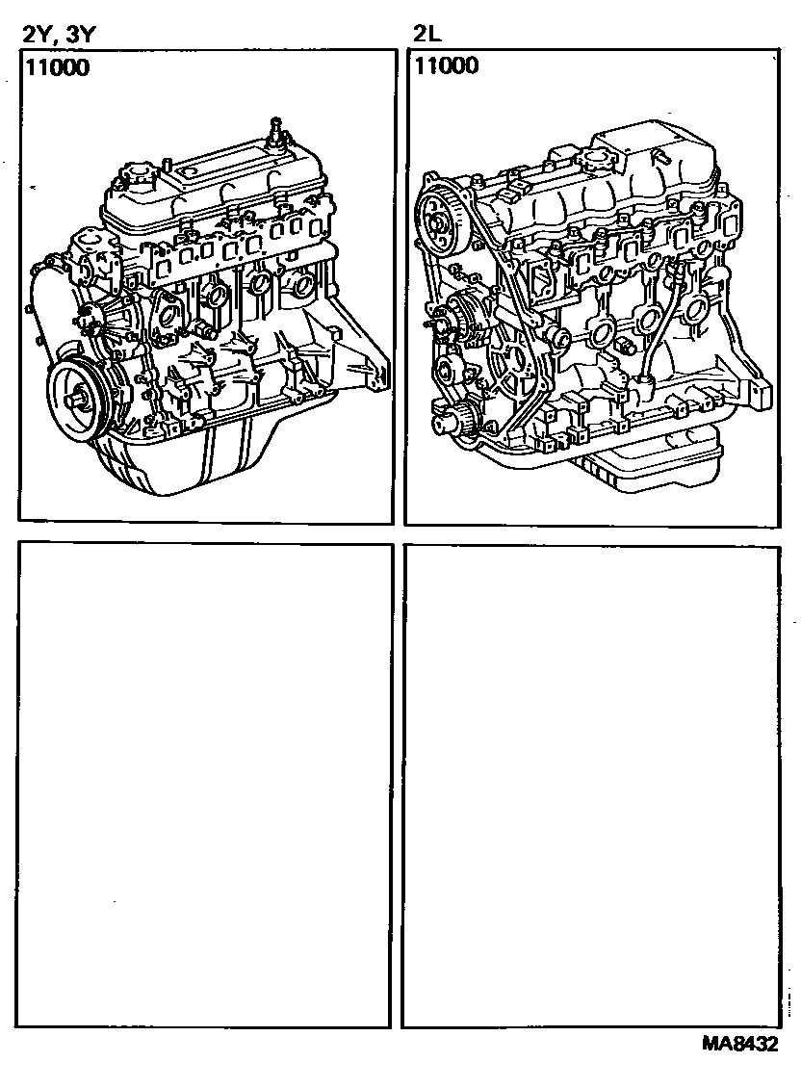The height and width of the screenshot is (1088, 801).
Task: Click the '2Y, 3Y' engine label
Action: tap(58, 35)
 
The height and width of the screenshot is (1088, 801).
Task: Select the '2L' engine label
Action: tap(427, 34)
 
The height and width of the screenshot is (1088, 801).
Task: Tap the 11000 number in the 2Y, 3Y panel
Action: tap(58, 68)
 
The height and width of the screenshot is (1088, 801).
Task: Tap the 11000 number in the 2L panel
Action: tap(447, 65)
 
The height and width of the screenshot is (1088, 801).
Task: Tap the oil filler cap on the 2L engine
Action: tap(601, 162)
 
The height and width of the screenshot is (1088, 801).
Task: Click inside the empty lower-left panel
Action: tap(205, 784)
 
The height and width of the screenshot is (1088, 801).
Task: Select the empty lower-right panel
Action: tap(591, 787)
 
